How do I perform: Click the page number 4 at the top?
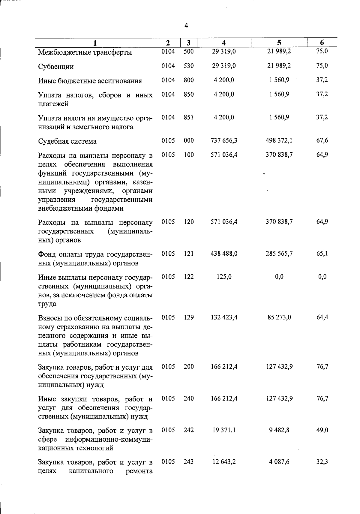tap(186, 26)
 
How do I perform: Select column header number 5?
tap(279, 43)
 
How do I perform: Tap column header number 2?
tap(168, 43)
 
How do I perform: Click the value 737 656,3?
tap(224, 140)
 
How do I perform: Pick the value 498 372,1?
tap(279, 140)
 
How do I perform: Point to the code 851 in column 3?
tap(189, 117)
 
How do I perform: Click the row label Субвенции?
tap(56, 67)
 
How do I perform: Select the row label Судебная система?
tap(67, 141)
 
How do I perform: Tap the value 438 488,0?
tap(224, 254)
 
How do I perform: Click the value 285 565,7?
tap(279, 254)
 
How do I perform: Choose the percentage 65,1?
tap(322, 254)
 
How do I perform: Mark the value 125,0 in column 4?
tap(224, 277)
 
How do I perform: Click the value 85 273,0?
tap(279, 317)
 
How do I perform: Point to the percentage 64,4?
tap(322, 317)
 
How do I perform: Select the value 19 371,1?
tap(224, 430)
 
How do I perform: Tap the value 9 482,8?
tap(279, 430)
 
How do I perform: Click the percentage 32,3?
tap(322, 462)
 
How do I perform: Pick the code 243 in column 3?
tap(189, 462)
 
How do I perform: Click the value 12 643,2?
tap(224, 462)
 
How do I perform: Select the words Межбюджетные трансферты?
tap(85, 53)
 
